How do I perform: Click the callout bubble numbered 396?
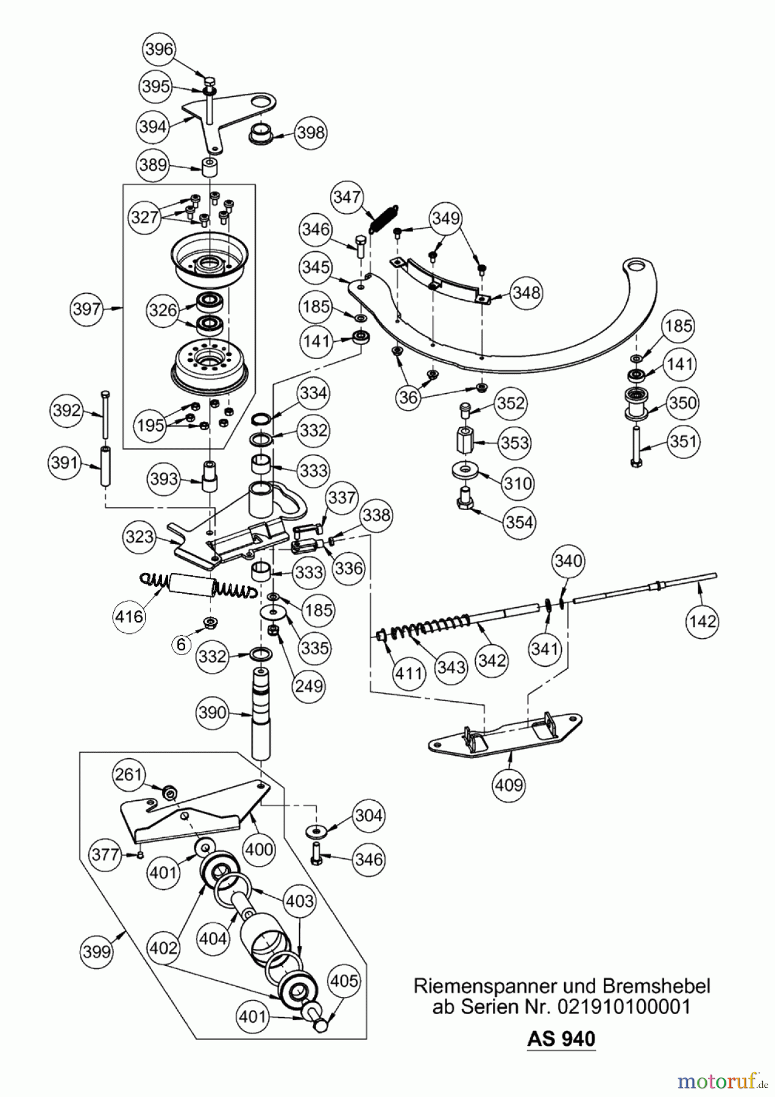coord(160,49)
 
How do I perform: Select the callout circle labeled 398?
coord(310,132)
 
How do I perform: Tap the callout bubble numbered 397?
coord(87,309)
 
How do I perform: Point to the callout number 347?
coord(347,197)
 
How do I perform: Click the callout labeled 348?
coord(526,293)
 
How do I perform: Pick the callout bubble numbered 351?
coord(682,441)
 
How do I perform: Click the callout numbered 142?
coord(702,622)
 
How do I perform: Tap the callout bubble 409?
coord(509,784)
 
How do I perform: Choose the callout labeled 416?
coord(129,616)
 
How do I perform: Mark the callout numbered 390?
coord(212,712)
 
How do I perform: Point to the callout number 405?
coord(344,981)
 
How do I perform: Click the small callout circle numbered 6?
coord(181,644)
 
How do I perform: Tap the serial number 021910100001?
coord(623,1006)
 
